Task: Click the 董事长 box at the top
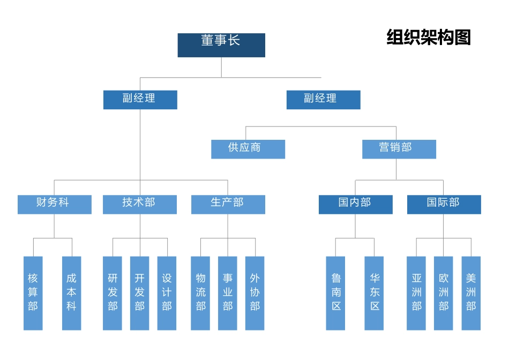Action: point(221,45)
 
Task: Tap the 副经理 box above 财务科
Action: point(140,100)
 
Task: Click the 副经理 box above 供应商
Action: point(323,100)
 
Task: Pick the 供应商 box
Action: point(248,149)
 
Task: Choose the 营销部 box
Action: point(399,149)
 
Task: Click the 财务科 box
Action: point(54,204)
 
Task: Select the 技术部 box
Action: point(140,204)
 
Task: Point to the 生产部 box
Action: point(228,204)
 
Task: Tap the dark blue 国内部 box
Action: point(355,204)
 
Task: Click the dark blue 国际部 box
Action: point(444,204)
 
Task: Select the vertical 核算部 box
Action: point(33,293)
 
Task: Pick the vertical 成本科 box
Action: point(72,293)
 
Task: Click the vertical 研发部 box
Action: point(113,293)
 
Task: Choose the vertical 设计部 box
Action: point(167,293)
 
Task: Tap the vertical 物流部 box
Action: point(200,293)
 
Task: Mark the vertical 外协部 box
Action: point(255,293)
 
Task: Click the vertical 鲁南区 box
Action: point(336,293)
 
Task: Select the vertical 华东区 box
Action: point(375,293)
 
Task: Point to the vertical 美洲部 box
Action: point(471,293)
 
